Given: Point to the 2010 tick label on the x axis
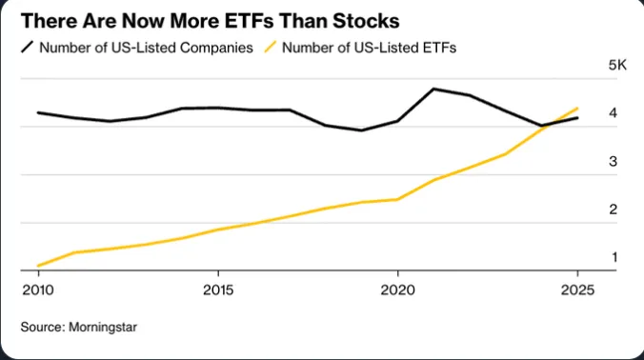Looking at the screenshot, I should [37, 289].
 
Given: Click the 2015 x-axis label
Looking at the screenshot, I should [217, 289].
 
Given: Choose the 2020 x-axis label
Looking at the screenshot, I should [397, 289].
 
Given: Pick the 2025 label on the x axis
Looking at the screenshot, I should [576, 289].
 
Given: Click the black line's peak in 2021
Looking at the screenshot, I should [433, 89].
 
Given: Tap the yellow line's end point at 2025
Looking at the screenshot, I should [577, 108].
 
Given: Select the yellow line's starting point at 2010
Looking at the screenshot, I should [38, 266].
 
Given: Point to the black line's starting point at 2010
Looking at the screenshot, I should [38, 112].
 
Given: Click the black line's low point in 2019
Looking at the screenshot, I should [361, 130].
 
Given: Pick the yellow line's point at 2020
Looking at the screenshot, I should [397, 199].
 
